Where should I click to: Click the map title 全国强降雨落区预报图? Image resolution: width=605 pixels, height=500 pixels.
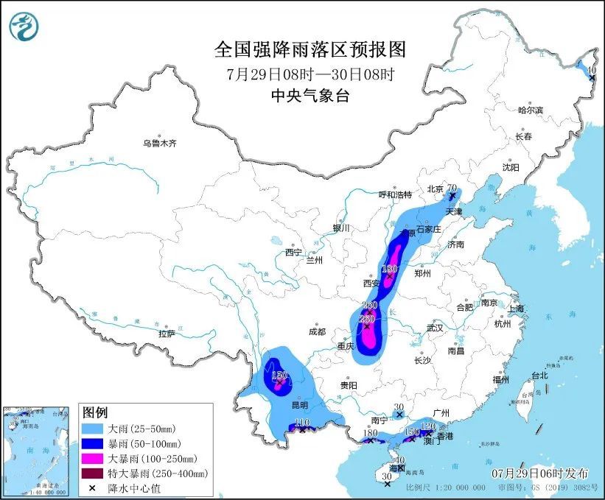pyautogui.click(x=310, y=49)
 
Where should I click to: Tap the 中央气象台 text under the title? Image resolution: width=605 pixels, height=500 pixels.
pyautogui.click(x=310, y=95)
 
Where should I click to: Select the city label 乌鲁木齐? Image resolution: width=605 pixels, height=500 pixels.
pyautogui.click(x=160, y=143)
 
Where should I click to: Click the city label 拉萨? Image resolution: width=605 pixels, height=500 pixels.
pyautogui.click(x=167, y=334)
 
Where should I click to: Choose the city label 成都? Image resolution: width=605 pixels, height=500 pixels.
pyautogui.click(x=318, y=331)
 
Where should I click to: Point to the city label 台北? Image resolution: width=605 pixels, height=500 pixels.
pyautogui.click(x=539, y=375)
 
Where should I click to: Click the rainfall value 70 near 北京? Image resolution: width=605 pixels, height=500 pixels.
pyautogui.click(x=453, y=188)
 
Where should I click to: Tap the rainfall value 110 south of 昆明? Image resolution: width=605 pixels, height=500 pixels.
pyautogui.click(x=301, y=422)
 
